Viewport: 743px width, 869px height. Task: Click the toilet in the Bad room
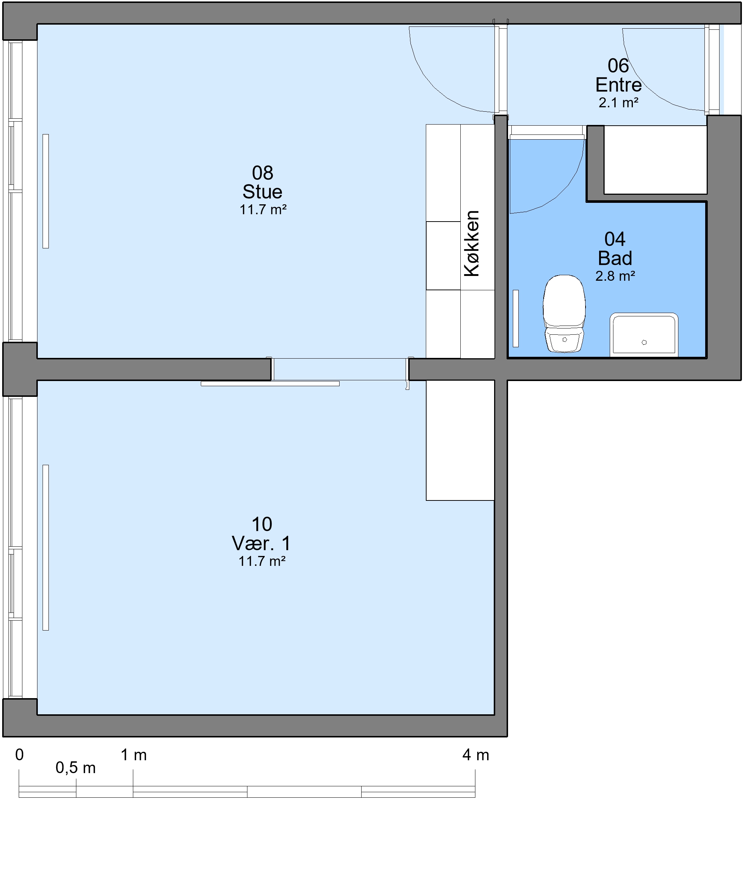coord(564,313)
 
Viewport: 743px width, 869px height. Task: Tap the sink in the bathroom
coord(644,335)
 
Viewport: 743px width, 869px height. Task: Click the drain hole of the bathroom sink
coord(644,342)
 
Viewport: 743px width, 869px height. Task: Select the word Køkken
coord(472,243)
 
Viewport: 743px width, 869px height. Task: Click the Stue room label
coord(262,192)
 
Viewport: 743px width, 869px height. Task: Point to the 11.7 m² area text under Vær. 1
coord(262,561)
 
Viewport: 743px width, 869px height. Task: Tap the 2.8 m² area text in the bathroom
coord(615,276)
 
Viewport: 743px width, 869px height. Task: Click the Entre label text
coord(619,85)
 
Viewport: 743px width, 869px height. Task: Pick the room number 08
coord(262,173)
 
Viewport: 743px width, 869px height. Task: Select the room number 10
coord(262,524)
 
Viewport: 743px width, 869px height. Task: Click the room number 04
coord(615,239)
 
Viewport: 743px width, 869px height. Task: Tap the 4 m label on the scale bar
coord(476,755)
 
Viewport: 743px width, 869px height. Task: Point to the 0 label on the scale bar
coord(19,755)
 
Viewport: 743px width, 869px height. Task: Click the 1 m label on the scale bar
coord(134,755)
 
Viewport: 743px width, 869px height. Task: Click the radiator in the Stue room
coord(46,191)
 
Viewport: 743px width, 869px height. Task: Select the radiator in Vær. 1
coord(46,547)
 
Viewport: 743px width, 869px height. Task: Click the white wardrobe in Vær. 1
coord(460,440)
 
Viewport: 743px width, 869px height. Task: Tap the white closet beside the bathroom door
coord(655,160)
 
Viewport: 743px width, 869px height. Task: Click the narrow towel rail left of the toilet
coord(516,318)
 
